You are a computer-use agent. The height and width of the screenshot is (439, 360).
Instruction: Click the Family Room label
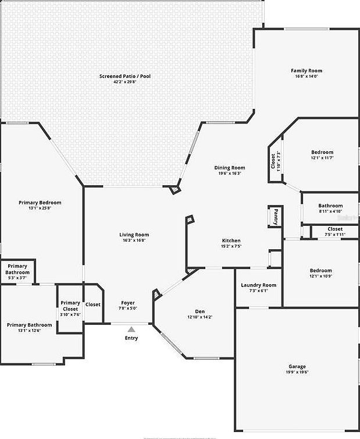(306, 71)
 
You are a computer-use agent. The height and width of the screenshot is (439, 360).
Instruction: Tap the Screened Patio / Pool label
(124, 76)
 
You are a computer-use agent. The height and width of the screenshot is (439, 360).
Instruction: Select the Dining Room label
(230, 168)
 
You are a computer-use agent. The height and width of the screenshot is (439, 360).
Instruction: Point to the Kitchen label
(231, 240)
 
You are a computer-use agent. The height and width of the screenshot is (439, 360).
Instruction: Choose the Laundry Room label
(258, 285)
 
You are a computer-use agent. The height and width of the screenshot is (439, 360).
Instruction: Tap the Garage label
(296, 366)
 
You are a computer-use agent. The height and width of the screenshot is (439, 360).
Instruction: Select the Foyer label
(128, 303)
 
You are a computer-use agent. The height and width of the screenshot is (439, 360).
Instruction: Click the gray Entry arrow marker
(131, 330)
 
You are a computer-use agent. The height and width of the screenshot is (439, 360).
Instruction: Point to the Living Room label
(134, 235)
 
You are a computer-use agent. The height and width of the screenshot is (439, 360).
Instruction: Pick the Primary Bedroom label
(40, 203)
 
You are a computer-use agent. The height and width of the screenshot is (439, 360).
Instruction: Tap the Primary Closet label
(70, 306)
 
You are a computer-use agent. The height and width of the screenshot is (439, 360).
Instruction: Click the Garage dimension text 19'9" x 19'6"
(296, 372)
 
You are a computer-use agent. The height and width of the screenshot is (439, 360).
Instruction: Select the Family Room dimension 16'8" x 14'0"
(306, 76)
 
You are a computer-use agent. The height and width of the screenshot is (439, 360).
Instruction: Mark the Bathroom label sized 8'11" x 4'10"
(330, 206)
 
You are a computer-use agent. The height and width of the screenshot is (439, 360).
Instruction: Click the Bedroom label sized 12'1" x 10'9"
(320, 270)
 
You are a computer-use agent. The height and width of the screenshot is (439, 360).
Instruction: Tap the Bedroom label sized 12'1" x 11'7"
(322, 152)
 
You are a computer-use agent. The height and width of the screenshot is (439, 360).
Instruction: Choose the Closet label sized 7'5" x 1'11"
(334, 229)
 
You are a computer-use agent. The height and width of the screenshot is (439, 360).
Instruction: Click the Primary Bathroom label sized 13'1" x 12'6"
(29, 325)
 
